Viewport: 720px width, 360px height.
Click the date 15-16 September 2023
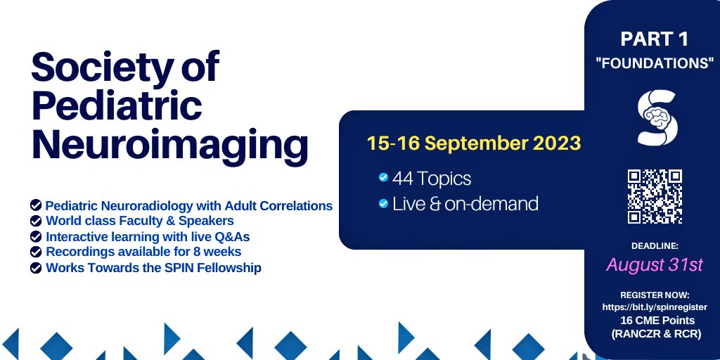(473, 143)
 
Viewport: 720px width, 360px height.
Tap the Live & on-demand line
(465, 204)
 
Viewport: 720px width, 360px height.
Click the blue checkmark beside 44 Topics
(382, 177)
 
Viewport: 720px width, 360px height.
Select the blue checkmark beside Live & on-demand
(382, 204)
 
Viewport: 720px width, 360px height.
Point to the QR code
(655, 196)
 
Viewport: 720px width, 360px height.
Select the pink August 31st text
(655, 265)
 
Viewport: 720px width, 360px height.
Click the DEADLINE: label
(655, 245)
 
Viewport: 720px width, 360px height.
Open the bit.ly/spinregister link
(655, 307)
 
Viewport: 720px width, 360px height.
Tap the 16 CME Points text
(655, 321)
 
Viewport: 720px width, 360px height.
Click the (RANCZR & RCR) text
(655, 334)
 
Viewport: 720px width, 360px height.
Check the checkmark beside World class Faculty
(35, 221)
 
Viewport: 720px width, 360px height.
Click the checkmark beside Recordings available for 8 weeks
(35, 251)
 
